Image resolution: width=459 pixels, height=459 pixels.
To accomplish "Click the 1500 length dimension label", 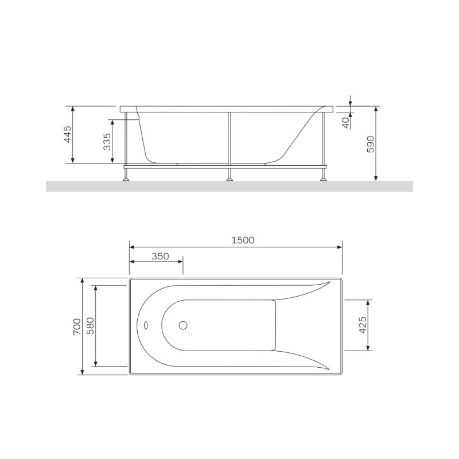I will point(243,240).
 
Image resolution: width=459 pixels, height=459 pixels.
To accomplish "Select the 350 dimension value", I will point(160,256).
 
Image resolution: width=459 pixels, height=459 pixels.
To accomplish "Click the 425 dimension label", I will point(362,325).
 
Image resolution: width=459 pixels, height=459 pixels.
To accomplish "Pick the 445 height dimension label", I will point(67,135).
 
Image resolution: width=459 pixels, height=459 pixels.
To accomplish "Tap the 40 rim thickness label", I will point(345,122).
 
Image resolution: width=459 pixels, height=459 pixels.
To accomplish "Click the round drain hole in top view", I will point(183,325).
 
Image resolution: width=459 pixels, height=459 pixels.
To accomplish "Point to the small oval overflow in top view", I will point(146,325).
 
